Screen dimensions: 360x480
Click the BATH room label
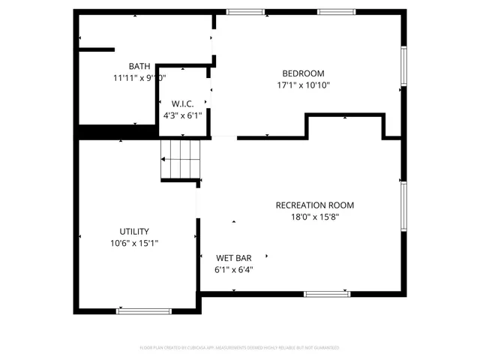139,66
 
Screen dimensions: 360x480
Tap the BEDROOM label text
303,73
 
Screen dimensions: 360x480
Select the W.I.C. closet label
183,104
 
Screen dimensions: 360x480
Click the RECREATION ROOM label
314,205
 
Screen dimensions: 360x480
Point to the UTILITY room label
134,232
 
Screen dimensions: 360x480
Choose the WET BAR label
233,258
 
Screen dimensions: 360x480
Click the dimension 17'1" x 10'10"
303,85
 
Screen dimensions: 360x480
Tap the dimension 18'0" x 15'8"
314,217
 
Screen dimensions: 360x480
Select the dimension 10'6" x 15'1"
134,243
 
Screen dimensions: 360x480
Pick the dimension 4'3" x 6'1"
183,116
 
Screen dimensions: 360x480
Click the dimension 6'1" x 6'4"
233,270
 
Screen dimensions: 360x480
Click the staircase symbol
182,160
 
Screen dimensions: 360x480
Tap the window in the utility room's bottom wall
144,310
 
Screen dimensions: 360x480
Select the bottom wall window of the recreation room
327,293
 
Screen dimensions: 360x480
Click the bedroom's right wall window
403,65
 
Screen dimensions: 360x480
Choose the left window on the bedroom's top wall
245,11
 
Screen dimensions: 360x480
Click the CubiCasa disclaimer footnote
240,348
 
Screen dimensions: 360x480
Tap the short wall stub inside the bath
97,49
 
